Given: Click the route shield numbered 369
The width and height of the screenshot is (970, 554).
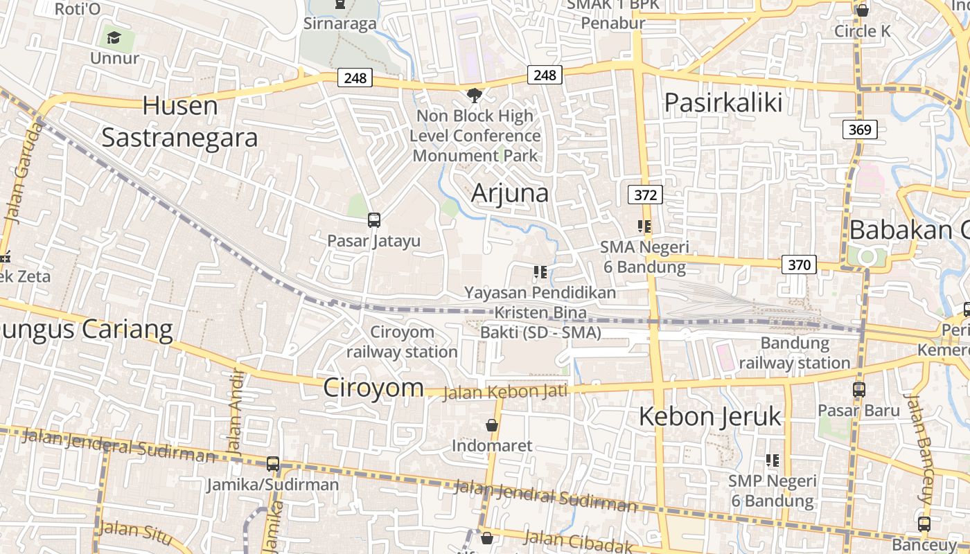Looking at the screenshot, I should tap(861, 129).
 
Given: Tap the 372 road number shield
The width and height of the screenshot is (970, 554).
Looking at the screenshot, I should tap(645, 195).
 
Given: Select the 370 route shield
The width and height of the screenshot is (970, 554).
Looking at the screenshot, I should tap(799, 264).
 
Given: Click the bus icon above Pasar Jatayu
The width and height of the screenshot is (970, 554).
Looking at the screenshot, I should tap(374, 220).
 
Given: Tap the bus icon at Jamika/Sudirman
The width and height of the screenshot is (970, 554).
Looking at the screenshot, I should tap(273, 464).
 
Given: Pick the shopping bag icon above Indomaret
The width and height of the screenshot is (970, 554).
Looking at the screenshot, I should tap(492, 425).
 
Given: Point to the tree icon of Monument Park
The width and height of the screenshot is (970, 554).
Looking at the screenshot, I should tap(475, 95).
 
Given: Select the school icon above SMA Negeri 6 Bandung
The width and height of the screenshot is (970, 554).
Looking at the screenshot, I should tap(644, 226).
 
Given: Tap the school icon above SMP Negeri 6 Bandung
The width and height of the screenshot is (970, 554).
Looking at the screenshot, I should tap(773, 460).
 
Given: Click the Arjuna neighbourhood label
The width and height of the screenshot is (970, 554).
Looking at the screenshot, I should tap(510, 193).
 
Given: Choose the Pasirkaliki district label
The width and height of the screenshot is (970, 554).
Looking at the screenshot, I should tap(723, 102).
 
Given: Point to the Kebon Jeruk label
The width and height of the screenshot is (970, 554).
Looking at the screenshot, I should tap(709, 417).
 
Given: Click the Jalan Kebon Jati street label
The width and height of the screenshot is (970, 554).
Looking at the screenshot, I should tap(504, 392).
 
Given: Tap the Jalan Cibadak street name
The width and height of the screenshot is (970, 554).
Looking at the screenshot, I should tap(578, 541).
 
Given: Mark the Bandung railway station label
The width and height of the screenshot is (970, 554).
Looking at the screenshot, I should tap(795, 352).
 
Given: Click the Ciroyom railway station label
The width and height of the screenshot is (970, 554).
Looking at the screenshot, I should tap(402, 341).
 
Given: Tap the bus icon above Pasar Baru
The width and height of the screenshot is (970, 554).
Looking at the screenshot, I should tap(859, 389).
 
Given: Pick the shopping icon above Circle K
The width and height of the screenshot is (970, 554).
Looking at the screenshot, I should tap(863, 10).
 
